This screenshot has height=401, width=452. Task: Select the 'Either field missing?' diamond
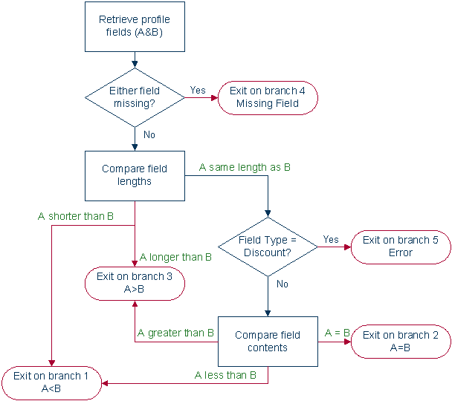click(135, 97)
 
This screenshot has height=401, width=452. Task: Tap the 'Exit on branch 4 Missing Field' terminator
click(267, 97)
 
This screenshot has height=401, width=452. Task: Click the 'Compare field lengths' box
click(135, 175)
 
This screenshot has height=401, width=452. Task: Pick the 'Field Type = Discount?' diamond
click(267, 247)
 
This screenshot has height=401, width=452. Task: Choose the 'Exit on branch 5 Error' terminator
click(400, 247)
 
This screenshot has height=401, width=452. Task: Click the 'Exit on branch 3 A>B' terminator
click(135, 283)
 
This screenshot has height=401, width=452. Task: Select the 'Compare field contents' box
click(267, 341)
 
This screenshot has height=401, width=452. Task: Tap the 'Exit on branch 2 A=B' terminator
click(400, 341)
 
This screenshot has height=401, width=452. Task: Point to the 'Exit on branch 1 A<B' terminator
click(51, 382)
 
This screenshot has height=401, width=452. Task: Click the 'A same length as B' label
click(245, 167)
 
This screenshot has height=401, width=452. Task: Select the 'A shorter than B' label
click(75, 216)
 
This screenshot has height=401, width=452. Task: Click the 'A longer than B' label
click(176, 257)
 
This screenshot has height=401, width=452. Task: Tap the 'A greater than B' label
click(176, 333)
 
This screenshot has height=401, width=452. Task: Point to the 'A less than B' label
click(225, 375)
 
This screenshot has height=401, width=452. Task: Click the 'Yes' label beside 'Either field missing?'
click(198, 90)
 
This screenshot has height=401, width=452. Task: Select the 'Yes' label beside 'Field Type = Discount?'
click(330, 239)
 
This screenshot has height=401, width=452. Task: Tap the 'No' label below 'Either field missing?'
click(149, 134)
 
